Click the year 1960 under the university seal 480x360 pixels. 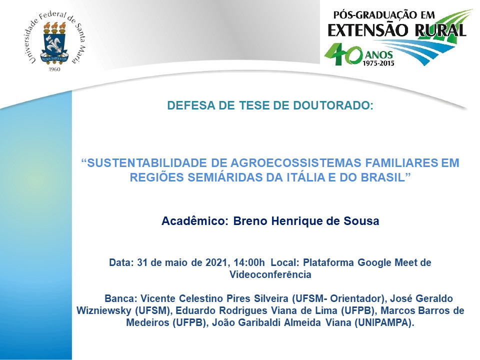(x=54, y=69)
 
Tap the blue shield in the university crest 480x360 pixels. (x=54, y=45)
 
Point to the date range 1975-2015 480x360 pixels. (x=378, y=63)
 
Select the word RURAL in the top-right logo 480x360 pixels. (x=441, y=30)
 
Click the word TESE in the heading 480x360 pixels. (x=252, y=105)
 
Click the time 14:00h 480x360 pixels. (x=249, y=262)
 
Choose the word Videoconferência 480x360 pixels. (x=270, y=274)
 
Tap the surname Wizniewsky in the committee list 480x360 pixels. (x=104, y=310)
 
